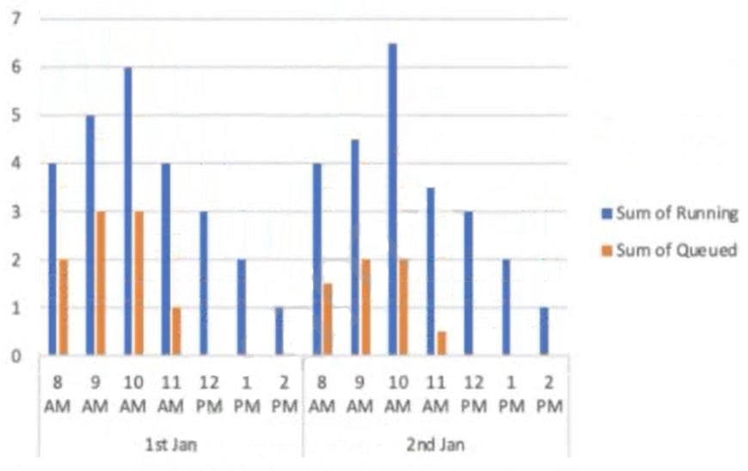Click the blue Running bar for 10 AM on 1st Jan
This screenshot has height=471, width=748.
[127, 211]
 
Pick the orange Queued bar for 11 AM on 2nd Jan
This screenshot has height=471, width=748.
[441, 343]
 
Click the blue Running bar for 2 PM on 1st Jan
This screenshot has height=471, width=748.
[279, 331]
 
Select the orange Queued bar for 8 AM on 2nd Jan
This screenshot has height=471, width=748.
[328, 319]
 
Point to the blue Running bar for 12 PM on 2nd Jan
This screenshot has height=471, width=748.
[468, 283]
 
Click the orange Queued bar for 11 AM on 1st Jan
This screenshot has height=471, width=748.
[176, 331]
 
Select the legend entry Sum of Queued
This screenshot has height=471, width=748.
[676, 250]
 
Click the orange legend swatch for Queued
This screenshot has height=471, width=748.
[608, 250]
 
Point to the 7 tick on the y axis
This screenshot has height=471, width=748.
[14, 18]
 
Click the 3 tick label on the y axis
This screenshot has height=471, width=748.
[14, 211]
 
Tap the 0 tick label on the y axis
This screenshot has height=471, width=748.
[14, 356]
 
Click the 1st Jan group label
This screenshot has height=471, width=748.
[169, 446]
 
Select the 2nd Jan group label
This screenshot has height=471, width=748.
[434, 446]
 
